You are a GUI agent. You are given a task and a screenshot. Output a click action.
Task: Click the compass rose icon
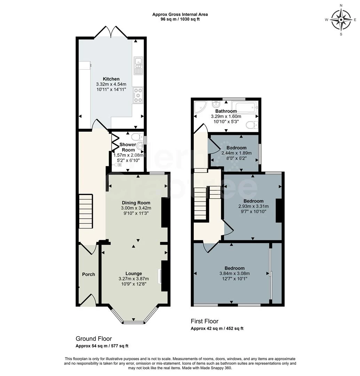click(x=341, y=20)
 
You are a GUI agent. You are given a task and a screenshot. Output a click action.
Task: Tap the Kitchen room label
click(x=111, y=79)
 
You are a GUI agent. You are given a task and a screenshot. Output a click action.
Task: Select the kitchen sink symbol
click(x=138, y=65)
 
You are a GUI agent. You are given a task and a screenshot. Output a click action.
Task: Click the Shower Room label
click(x=128, y=147)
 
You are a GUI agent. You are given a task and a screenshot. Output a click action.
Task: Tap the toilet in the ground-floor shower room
click(x=137, y=137)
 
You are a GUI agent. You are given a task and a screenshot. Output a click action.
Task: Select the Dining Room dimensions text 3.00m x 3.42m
click(x=136, y=208)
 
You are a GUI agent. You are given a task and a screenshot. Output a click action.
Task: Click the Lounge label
click(x=134, y=273)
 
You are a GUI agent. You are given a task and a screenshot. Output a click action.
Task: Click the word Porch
click(x=88, y=274)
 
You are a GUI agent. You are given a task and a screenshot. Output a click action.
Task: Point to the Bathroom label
click(x=226, y=111)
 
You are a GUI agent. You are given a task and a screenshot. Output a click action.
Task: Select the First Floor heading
click(x=205, y=321)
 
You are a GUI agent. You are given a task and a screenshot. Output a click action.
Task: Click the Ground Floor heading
click(x=94, y=339)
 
